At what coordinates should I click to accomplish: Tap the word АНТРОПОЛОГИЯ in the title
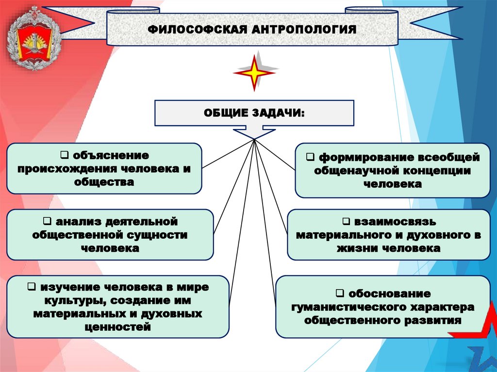pyautogui.click(x=303, y=30)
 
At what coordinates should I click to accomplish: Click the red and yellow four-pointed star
pyautogui.click(x=254, y=73)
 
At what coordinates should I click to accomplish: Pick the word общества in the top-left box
pyautogui.click(x=104, y=182)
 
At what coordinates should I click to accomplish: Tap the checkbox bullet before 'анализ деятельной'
pyautogui.click(x=47, y=221)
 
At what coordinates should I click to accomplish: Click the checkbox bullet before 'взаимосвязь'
pyautogui.click(x=346, y=221)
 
